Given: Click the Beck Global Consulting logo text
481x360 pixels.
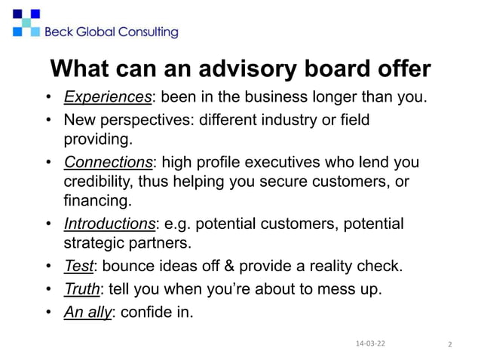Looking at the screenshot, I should [x=112, y=32].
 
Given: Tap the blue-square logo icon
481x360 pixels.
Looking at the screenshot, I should [x=26, y=23].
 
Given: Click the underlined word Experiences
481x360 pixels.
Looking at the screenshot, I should [x=108, y=97].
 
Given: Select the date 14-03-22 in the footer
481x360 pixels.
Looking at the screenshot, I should [x=369, y=343].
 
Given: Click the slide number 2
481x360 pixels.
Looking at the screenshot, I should [x=449, y=344].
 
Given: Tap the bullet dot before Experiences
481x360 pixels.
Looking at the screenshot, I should [x=48, y=98].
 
